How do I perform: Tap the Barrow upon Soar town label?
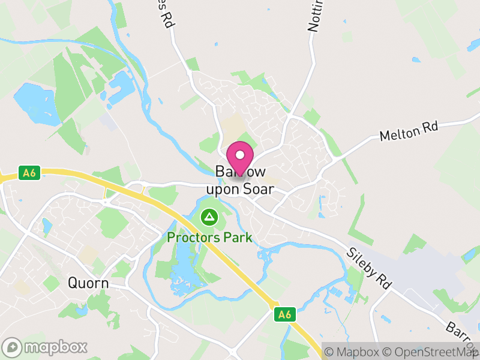[240, 181]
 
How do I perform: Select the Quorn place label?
[88, 283]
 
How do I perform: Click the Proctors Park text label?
[209, 238]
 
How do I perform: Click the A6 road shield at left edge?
[28, 173]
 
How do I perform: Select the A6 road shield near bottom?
[284, 314]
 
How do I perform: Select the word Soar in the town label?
[257, 189]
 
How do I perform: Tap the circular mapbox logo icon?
[13, 347]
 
